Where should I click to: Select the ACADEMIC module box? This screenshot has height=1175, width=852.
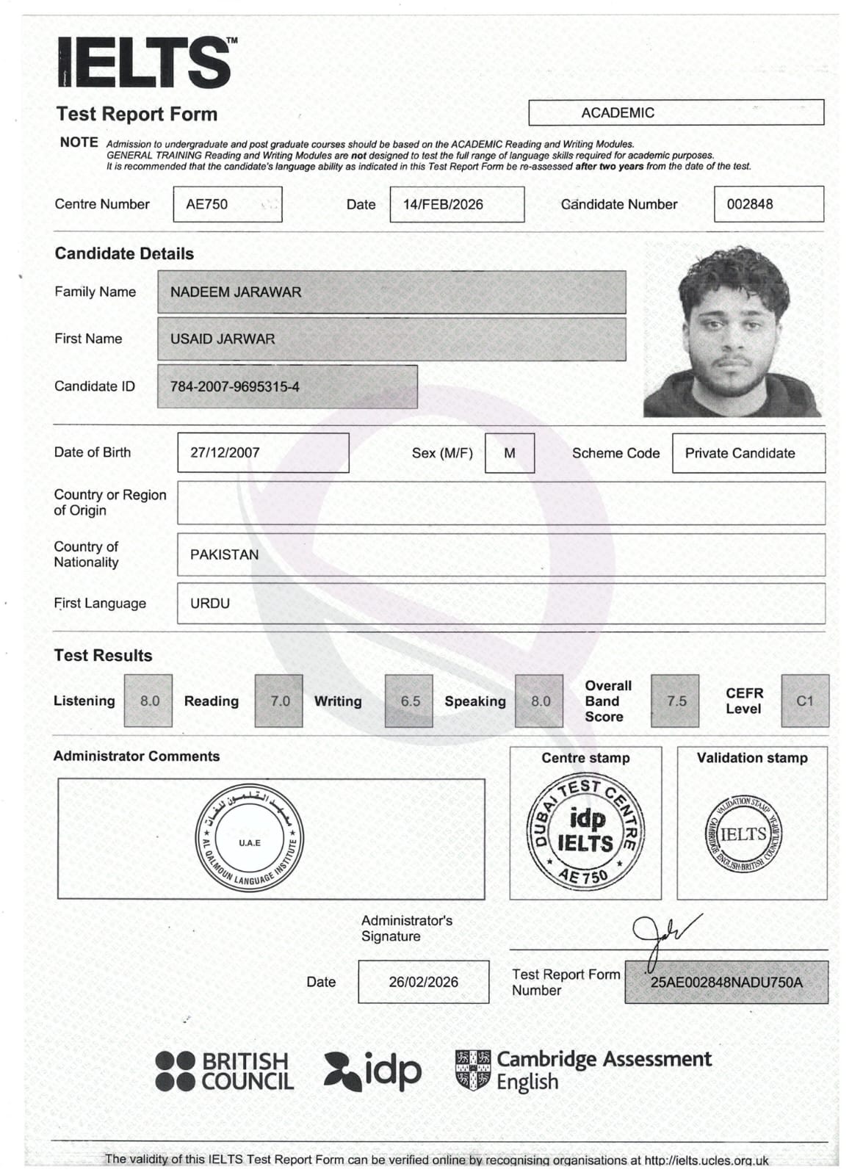[676, 112]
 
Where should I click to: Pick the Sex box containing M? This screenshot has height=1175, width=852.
[510, 453]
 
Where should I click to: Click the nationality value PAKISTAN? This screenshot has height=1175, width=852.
[225, 554]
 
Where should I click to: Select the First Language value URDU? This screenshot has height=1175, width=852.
[210, 603]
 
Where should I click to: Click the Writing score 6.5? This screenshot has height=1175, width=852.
[409, 701]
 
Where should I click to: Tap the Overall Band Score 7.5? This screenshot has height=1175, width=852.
[675, 701]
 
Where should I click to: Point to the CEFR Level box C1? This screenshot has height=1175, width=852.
[805, 701]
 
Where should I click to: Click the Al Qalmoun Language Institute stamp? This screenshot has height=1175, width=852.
[250, 839]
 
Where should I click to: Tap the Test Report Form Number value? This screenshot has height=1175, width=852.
[726, 982]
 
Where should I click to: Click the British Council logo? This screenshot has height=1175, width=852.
[225, 1071]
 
